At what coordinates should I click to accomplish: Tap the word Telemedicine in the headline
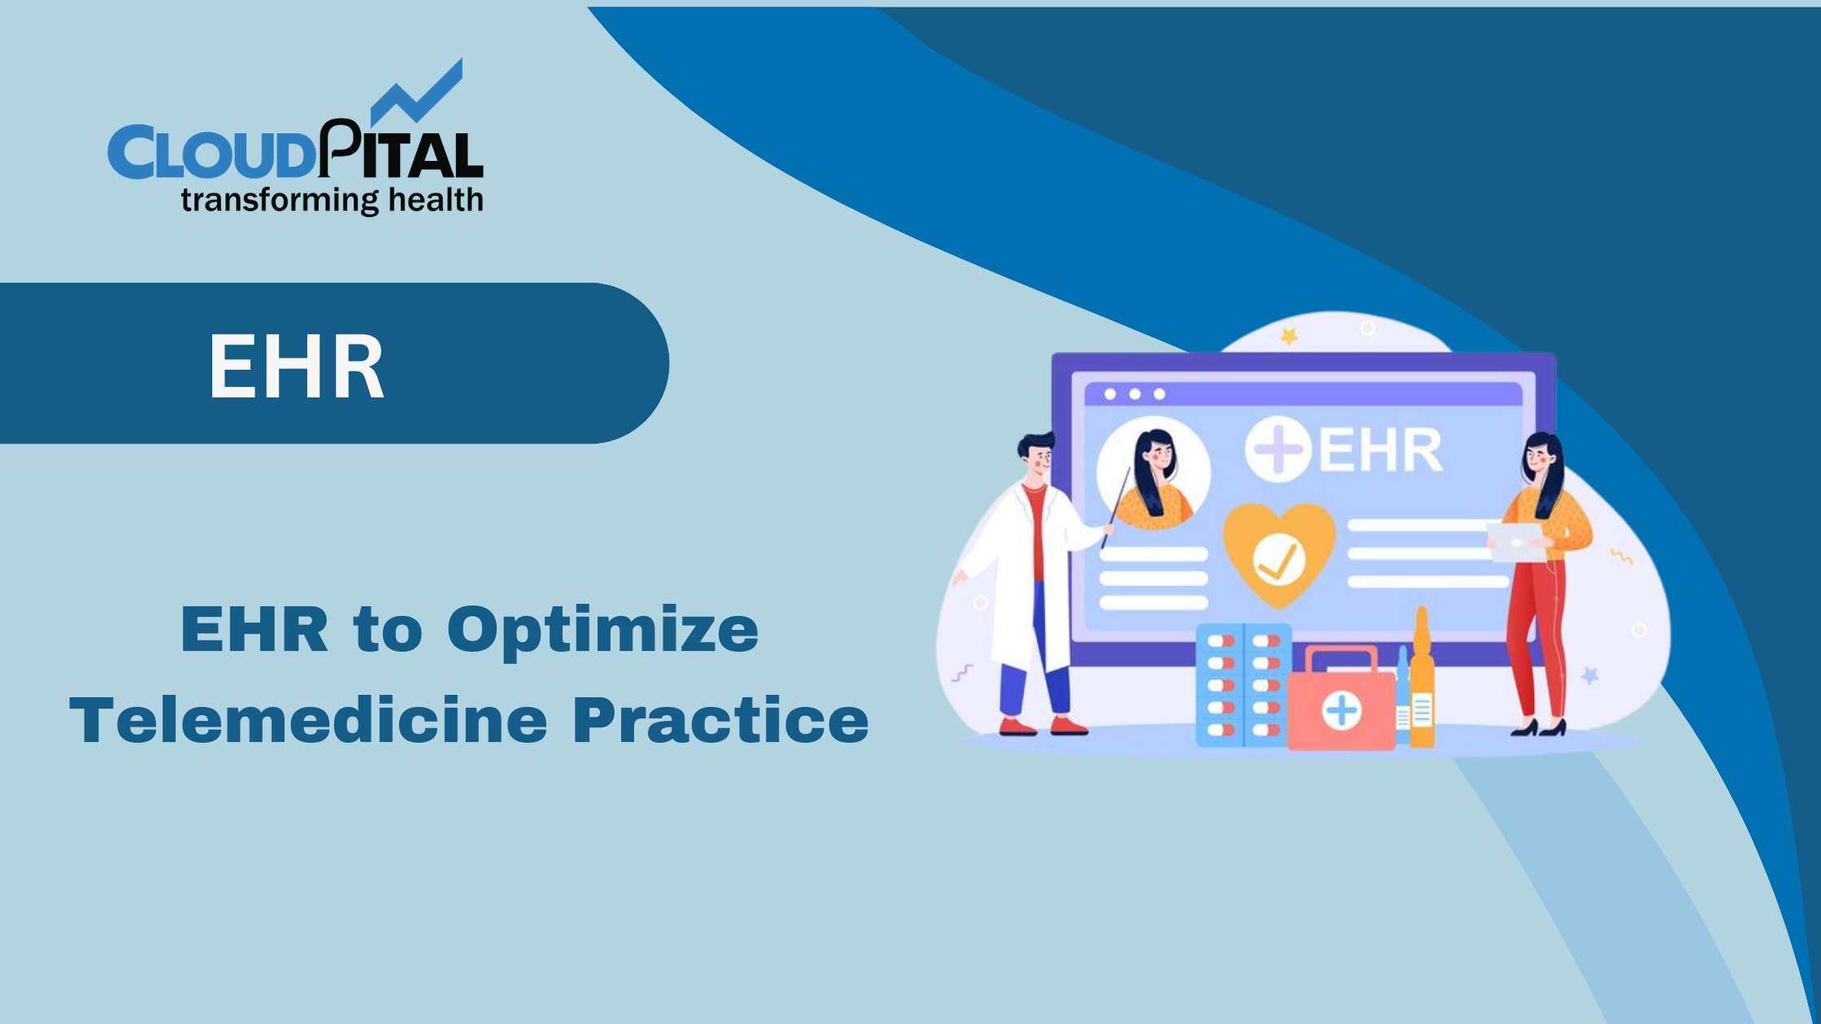(x=308, y=721)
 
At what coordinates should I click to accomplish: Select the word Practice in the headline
(x=720, y=721)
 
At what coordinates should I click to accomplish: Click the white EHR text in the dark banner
(x=296, y=367)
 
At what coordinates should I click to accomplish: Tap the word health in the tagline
(x=436, y=200)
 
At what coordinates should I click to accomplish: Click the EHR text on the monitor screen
(x=1380, y=451)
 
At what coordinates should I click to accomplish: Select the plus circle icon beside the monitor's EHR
(x=1277, y=449)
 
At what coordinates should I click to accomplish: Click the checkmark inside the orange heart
(x=1279, y=560)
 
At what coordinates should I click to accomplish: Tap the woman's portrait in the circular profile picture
(x=1154, y=475)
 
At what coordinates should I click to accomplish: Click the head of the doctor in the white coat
(x=1037, y=457)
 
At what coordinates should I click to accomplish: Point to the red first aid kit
(x=1341, y=701)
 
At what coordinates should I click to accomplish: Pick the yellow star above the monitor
(x=1289, y=336)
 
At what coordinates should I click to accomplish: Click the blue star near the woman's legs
(x=1590, y=675)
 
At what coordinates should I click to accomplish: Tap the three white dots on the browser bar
(x=1135, y=394)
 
